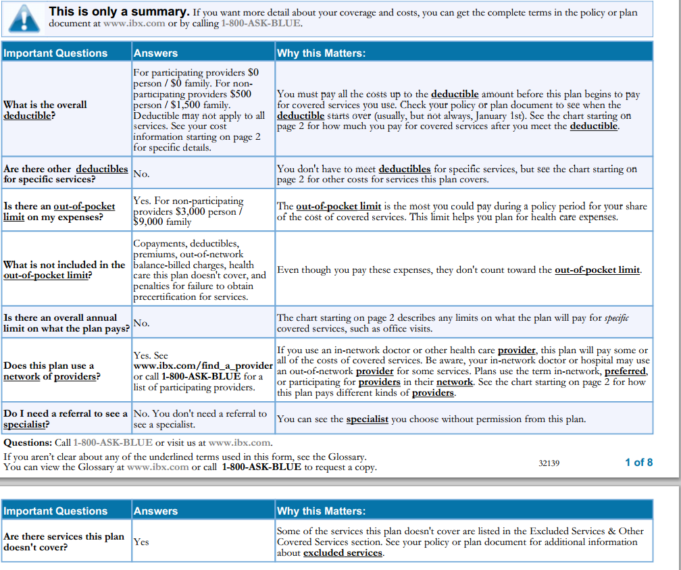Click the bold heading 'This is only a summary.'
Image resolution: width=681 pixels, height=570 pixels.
[119, 12]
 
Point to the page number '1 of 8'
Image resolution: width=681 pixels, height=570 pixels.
[638, 462]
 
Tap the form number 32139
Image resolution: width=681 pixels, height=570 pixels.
[549, 463]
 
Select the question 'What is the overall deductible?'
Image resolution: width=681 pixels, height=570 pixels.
[45, 110]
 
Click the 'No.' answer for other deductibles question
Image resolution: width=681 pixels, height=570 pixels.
[141, 174]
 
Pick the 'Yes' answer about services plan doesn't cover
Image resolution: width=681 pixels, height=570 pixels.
[141, 542]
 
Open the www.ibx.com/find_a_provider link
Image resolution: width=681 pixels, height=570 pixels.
[203, 366]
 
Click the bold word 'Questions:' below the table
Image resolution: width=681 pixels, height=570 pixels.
[28, 443]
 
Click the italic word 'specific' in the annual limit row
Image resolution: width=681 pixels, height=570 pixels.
[616, 318]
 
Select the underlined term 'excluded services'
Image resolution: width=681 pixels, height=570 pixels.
[343, 553]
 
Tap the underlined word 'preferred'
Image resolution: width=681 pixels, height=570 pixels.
[625, 371]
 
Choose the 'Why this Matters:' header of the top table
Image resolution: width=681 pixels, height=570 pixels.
[321, 53]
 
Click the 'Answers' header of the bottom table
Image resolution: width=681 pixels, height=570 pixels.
[155, 511]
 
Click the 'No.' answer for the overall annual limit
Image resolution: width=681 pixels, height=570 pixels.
[141, 323]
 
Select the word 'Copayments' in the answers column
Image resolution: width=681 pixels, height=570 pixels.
[160, 243]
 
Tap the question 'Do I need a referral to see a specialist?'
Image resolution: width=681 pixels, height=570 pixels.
[66, 419]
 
